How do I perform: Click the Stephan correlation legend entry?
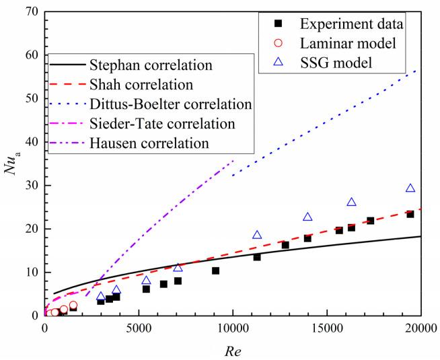coord(154,66)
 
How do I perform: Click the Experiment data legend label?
coord(352,25)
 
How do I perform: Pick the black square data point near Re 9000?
coord(215,271)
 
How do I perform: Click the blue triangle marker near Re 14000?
coord(307,217)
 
